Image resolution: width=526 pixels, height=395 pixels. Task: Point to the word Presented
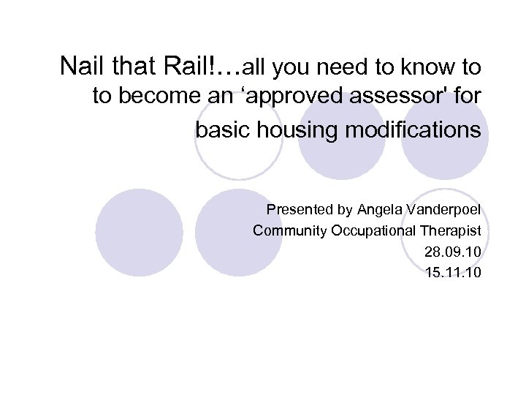click(x=300, y=210)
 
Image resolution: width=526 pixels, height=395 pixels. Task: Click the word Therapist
click(x=452, y=231)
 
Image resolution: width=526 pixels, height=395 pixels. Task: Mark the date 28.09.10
click(x=452, y=252)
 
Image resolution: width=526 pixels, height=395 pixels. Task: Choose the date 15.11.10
click(x=452, y=274)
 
